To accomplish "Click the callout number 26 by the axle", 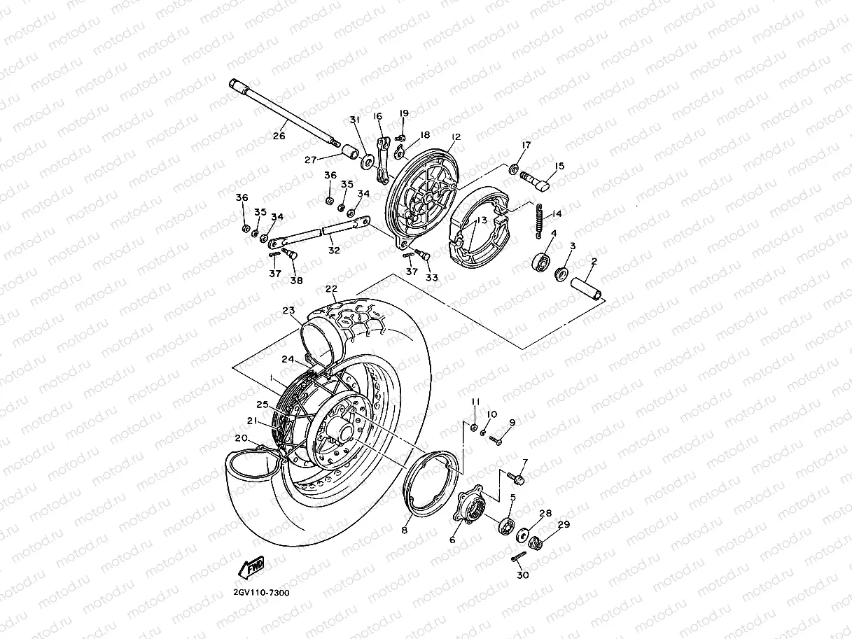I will pyautogui.click(x=279, y=136).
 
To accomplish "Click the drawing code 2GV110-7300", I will pyautogui.click(x=261, y=592).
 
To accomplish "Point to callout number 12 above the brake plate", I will pyautogui.click(x=456, y=137).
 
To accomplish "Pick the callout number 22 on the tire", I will pyautogui.click(x=331, y=288).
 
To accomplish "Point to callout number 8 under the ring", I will pyautogui.click(x=404, y=531).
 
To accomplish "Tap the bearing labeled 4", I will pyautogui.click(x=541, y=262).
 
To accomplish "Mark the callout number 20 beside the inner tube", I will pyautogui.click(x=240, y=437).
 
